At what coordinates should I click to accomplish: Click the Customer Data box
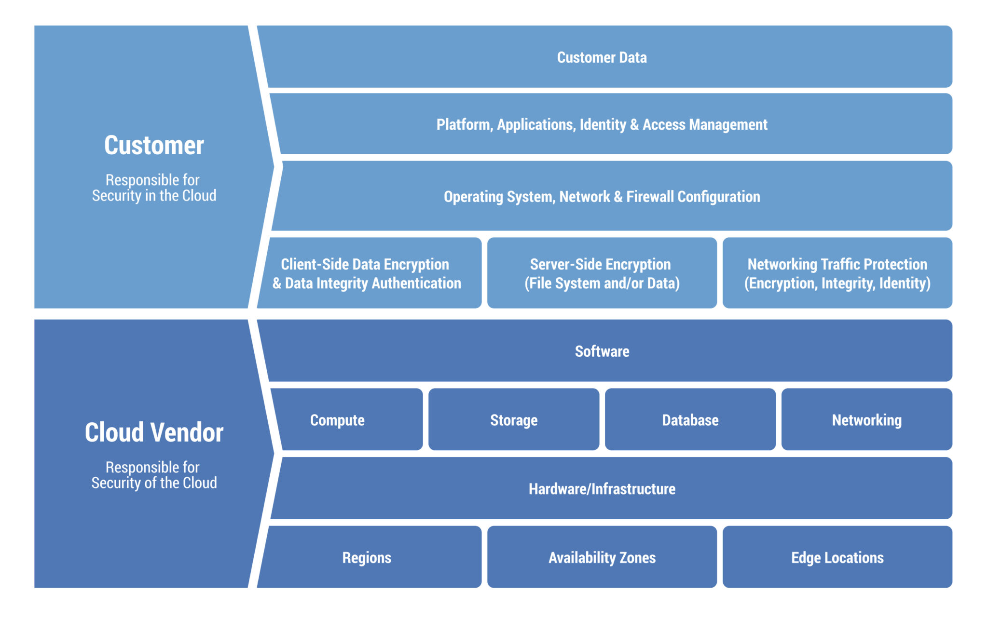point(602,57)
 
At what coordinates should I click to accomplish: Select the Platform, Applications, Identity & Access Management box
point(602,124)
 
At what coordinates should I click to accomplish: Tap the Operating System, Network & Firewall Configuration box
point(602,197)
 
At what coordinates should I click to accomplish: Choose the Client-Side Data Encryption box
point(367,273)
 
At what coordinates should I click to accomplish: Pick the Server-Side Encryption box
point(602,273)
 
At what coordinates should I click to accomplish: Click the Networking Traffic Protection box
point(837,273)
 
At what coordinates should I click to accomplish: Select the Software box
point(602,351)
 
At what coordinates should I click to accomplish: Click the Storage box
point(514,420)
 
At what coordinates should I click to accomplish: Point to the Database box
point(690,420)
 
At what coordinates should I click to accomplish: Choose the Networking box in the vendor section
point(866,420)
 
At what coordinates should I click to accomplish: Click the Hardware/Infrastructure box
point(602,489)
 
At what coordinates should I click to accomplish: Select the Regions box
point(367,558)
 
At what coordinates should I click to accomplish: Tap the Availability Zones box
point(602,558)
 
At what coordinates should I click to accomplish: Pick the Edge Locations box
point(837,558)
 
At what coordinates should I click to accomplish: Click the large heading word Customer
point(154,145)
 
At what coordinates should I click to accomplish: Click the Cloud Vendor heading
point(154,432)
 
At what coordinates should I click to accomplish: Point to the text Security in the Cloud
point(154,196)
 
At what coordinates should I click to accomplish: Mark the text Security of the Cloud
point(154,483)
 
